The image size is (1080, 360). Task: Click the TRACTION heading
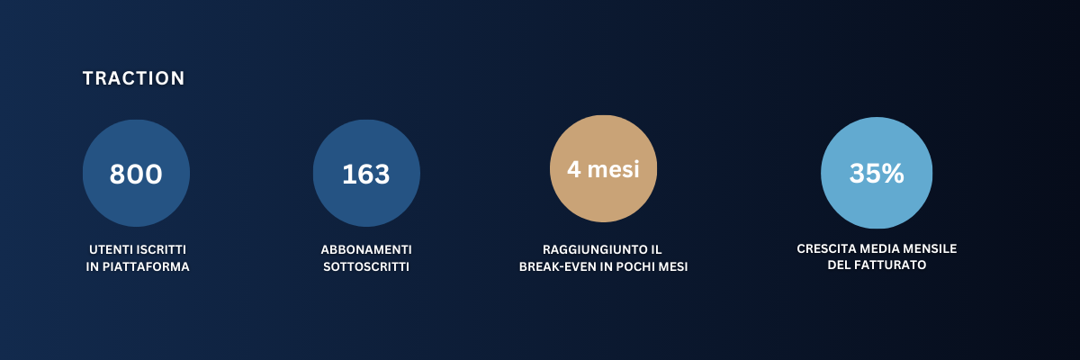click(x=133, y=78)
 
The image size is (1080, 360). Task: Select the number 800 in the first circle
click(x=136, y=174)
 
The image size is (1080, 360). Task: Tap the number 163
click(x=366, y=174)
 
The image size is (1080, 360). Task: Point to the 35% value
click(x=877, y=173)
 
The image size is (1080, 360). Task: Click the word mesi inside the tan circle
click(x=613, y=169)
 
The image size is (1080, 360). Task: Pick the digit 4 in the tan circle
click(x=574, y=169)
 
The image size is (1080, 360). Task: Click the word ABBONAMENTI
click(x=366, y=249)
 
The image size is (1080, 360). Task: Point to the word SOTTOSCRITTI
click(x=366, y=266)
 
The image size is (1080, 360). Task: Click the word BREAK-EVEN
click(x=559, y=266)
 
